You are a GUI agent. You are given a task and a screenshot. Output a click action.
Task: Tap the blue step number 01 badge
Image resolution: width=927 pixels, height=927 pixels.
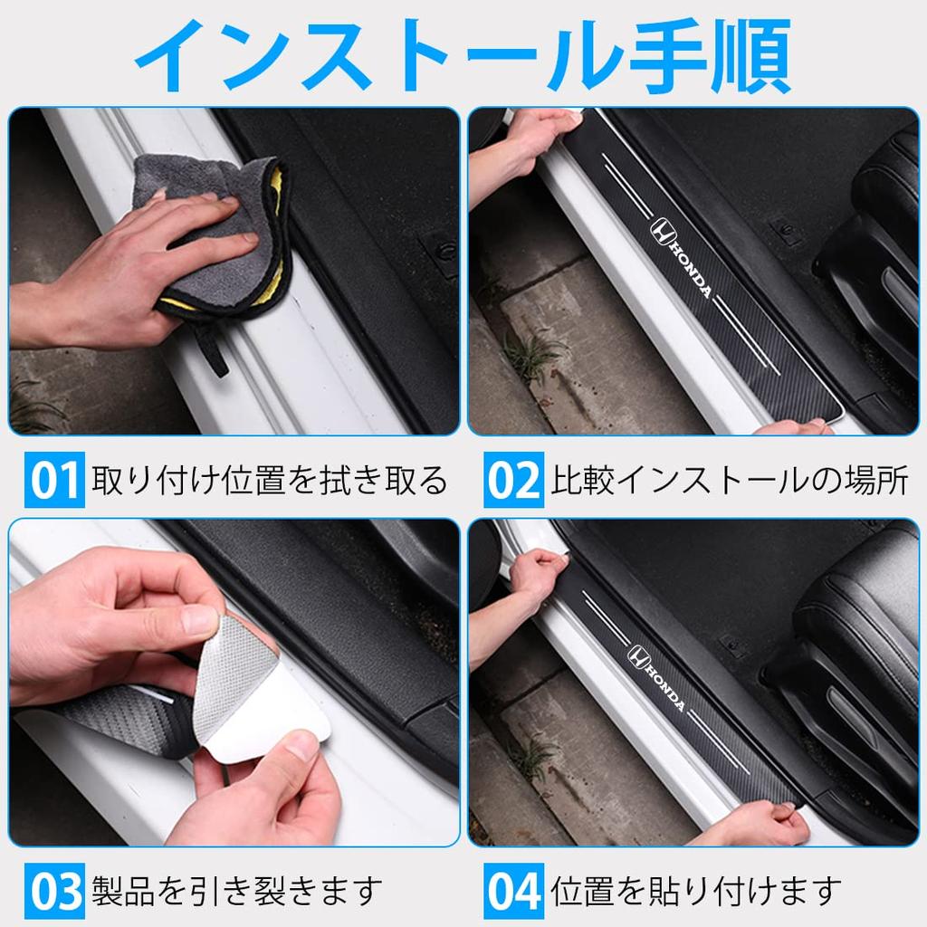coord(54,481)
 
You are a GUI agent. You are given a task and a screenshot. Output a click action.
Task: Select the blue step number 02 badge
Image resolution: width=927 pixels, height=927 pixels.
coord(513,481)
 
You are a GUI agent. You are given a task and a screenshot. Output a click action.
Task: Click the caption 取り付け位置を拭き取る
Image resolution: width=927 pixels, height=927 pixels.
coord(270,481)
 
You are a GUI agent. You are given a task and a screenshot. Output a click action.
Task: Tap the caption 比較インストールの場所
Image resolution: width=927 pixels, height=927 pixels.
coord(730,481)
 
